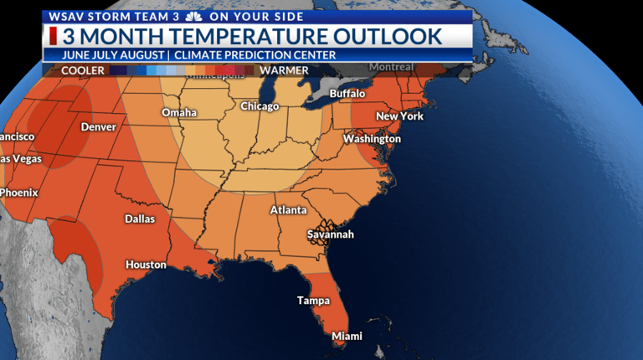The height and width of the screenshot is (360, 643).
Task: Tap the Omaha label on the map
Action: coord(179,112)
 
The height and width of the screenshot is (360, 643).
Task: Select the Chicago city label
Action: coord(260,106)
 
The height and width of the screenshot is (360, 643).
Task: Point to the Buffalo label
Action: coord(347,93)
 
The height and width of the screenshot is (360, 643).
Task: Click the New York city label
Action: coord(399,116)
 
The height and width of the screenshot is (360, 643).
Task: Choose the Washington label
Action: coord(371,138)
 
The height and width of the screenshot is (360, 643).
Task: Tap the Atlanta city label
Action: coord(288,210)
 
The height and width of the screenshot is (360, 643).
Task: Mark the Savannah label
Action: coord(330,234)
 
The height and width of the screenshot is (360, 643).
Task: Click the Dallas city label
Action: coord(139,219)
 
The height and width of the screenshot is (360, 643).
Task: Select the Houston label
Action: coord(146,265)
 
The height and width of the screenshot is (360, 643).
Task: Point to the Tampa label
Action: coord(313,300)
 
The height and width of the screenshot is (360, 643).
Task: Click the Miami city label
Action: coord(347,336)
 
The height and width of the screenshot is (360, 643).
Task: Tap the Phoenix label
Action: coord(18,193)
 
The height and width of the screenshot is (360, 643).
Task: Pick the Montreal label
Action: coord(392,67)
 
